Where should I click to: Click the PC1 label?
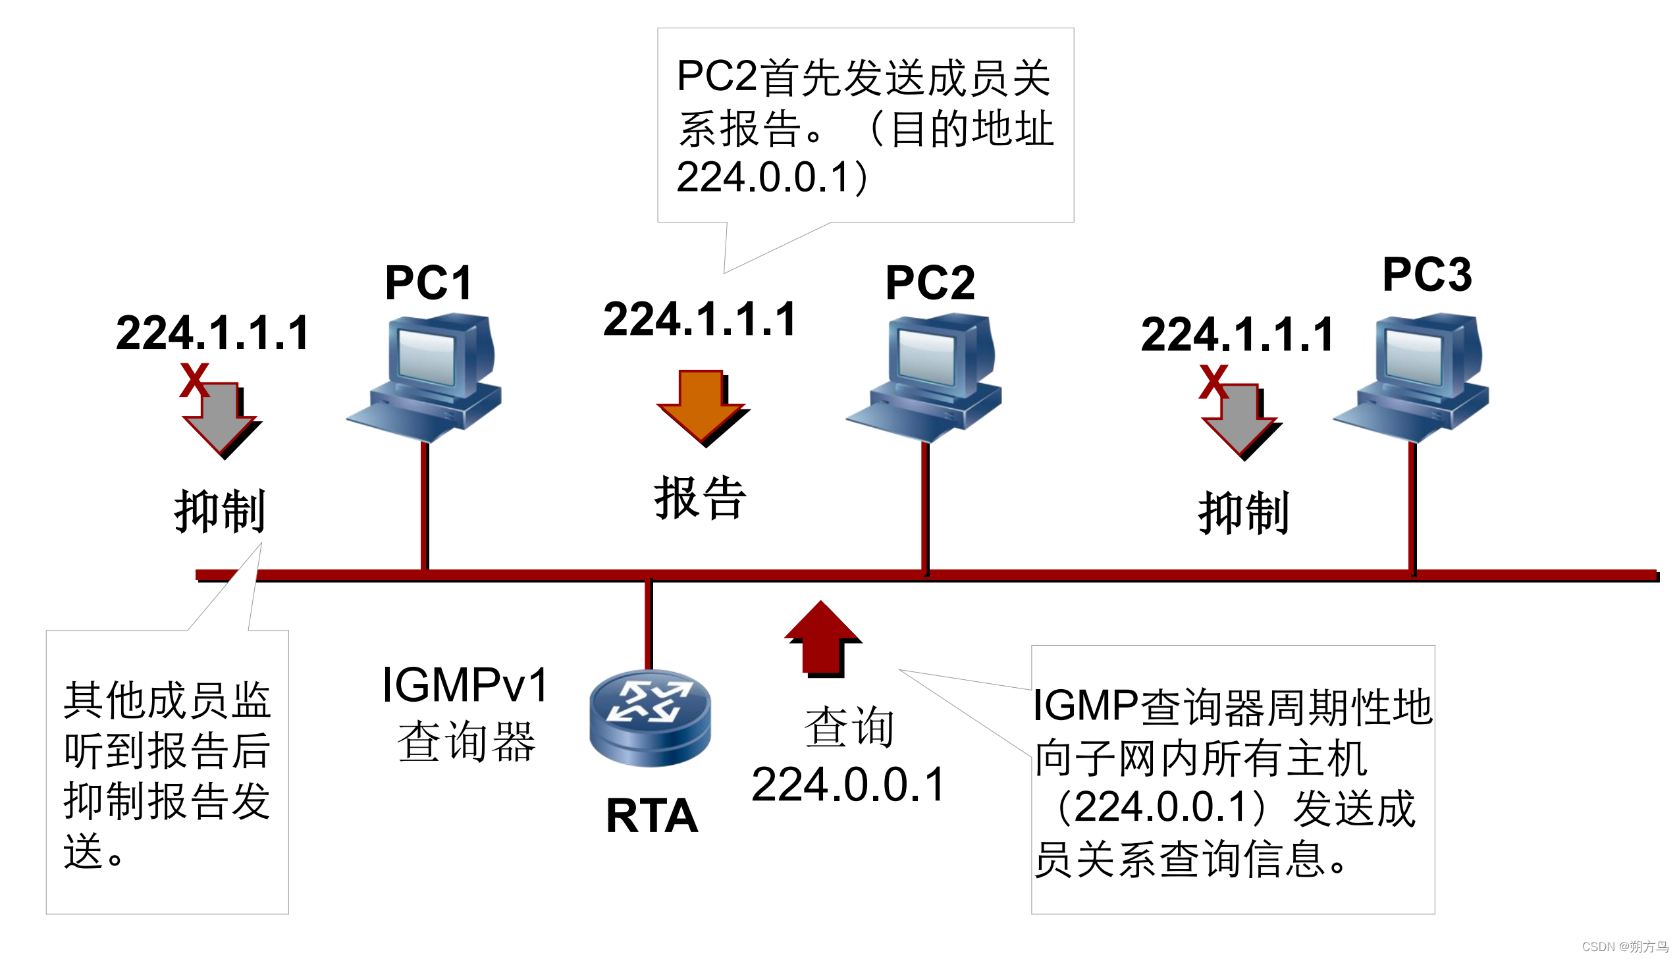(x=427, y=282)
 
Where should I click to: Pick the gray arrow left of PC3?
(x=1241, y=421)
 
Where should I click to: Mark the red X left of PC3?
(x=1213, y=381)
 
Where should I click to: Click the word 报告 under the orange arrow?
(x=699, y=498)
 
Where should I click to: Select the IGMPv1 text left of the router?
(x=464, y=685)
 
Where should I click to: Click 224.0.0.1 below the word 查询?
(x=848, y=785)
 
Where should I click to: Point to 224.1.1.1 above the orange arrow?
(x=699, y=319)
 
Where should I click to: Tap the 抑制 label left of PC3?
(x=1242, y=513)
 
